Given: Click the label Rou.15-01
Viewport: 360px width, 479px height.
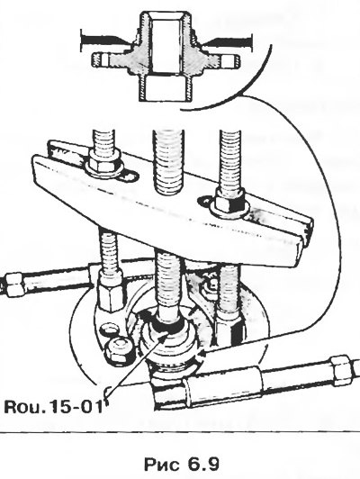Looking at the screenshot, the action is pos(53,407).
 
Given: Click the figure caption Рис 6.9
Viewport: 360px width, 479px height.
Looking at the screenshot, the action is pos(182,465).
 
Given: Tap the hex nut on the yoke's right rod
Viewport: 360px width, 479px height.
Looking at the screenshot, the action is pos(229,202).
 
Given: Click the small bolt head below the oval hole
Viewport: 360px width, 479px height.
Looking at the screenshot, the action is pos(119,350).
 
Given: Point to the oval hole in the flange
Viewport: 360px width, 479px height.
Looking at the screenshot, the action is pos(109,329).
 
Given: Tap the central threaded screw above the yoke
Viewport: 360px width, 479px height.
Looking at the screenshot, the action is pos(168,161).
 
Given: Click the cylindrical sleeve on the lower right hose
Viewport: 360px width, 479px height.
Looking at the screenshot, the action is pos(223,380).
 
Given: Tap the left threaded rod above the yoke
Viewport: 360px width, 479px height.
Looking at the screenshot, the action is pos(104,140).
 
